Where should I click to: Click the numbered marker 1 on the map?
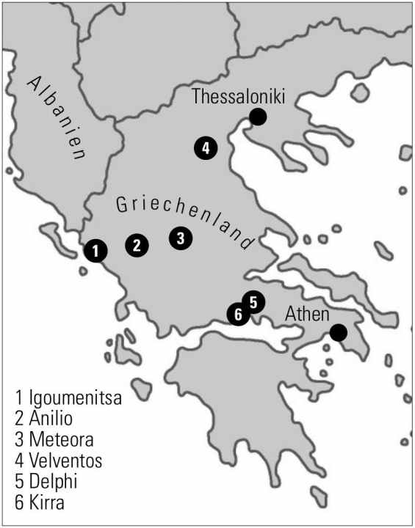pos(95,250)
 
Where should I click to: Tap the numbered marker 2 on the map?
pos(137,245)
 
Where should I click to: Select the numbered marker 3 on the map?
pos(181,238)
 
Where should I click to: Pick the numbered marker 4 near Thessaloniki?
pos(206,148)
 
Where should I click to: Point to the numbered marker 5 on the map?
pos(253,301)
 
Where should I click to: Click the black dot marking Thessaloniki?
pos(257,116)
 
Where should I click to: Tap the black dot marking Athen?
pos(338,333)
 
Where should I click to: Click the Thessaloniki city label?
pos(237,96)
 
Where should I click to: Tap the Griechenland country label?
pos(185,219)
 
